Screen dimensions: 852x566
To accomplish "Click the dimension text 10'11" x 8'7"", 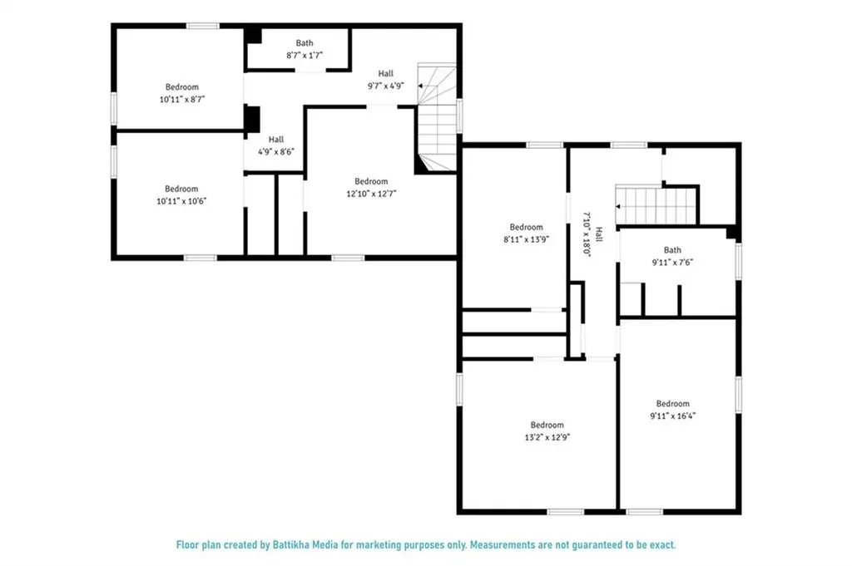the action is [x=182, y=99].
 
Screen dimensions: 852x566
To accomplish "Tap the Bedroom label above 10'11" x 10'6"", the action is [x=181, y=189].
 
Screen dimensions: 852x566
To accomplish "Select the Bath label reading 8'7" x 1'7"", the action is [x=305, y=43].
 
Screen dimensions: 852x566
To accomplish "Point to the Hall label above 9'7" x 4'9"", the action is [x=386, y=73].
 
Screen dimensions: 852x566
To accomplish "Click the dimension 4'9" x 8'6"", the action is [x=276, y=152].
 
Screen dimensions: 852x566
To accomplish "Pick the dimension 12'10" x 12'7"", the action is [x=372, y=194].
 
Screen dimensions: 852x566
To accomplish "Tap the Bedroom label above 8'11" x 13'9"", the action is [x=526, y=227].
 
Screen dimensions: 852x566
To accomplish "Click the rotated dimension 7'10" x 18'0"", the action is [x=587, y=234].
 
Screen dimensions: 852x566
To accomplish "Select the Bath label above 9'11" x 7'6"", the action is [x=672, y=250].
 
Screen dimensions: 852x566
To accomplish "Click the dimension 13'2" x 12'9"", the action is [x=547, y=437].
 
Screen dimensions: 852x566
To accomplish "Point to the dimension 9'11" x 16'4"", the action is [x=672, y=416].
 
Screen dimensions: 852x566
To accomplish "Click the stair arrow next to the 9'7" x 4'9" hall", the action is [x=420, y=86].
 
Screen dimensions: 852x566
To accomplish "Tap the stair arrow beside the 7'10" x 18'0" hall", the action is [x=618, y=207].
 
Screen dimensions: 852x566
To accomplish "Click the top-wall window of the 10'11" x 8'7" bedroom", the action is [x=203, y=26].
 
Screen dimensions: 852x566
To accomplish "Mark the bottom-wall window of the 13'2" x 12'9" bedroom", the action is [x=566, y=512].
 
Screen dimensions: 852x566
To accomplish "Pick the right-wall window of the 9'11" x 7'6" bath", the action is [x=739, y=262].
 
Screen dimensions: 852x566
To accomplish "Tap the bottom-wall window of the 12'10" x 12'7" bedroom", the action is [x=348, y=258].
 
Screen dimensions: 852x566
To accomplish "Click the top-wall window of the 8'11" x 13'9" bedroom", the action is [x=544, y=145].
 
